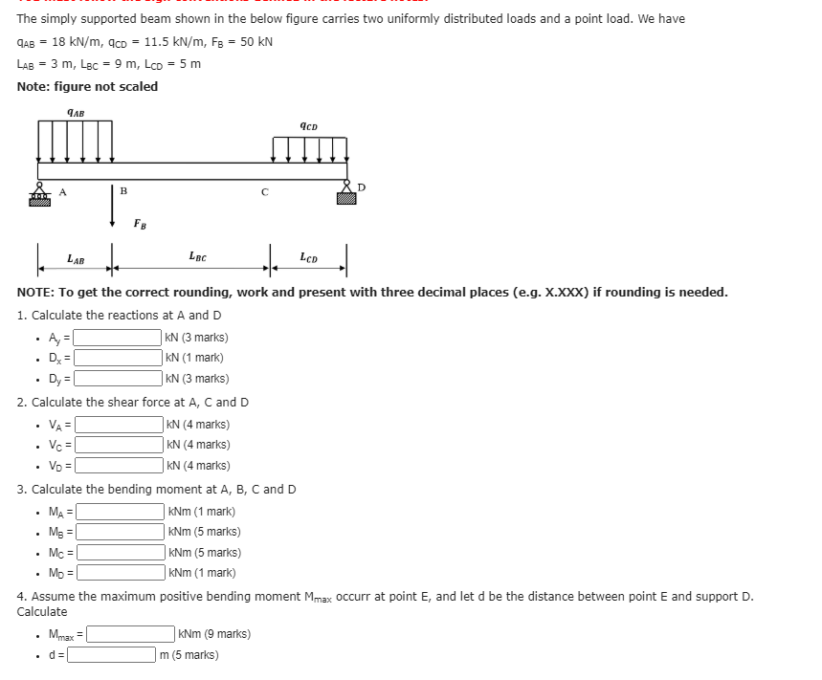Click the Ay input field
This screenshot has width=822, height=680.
click(x=118, y=337)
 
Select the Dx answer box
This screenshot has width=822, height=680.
click(x=118, y=358)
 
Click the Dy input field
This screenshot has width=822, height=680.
click(x=118, y=379)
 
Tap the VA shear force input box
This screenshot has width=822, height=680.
click(x=119, y=425)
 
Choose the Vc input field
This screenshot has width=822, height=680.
click(x=119, y=445)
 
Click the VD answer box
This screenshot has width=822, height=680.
click(x=119, y=466)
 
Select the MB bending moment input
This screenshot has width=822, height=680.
click(x=121, y=532)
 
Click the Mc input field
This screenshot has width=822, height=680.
click(x=121, y=553)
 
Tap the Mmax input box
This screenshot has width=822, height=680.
click(x=131, y=634)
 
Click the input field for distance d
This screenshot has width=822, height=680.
click(x=111, y=655)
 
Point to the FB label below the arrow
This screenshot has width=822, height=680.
click(x=140, y=225)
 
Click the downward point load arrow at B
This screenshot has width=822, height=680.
click(x=113, y=203)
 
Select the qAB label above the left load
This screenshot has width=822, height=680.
click(x=76, y=112)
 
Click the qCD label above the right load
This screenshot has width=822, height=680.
click(x=308, y=125)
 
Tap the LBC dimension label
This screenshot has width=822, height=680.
click(x=198, y=256)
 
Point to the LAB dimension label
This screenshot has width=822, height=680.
click(x=75, y=258)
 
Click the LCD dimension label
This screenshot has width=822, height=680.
click(x=309, y=256)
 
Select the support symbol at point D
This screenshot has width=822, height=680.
click(x=345, y=194)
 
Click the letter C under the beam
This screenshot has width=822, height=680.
click(x=265, y=191)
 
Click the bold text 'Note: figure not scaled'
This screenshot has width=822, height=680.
click(x=88, y=86)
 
